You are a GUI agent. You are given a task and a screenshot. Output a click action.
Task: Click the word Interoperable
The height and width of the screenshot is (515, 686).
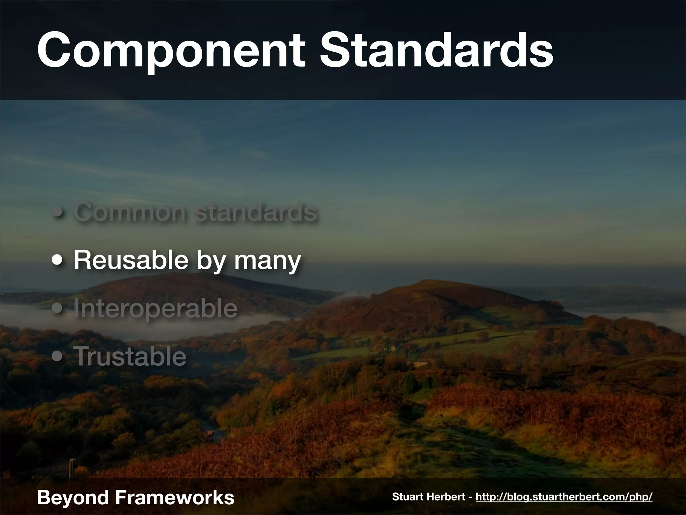pos(155,309)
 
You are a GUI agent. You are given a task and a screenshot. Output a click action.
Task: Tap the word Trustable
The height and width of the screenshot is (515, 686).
pos(130,357)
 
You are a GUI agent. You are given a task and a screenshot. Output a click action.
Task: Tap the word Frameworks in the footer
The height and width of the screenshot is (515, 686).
pos(174,497)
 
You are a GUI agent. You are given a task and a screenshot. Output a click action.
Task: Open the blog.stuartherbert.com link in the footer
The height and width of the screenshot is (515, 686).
pos(564,497)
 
